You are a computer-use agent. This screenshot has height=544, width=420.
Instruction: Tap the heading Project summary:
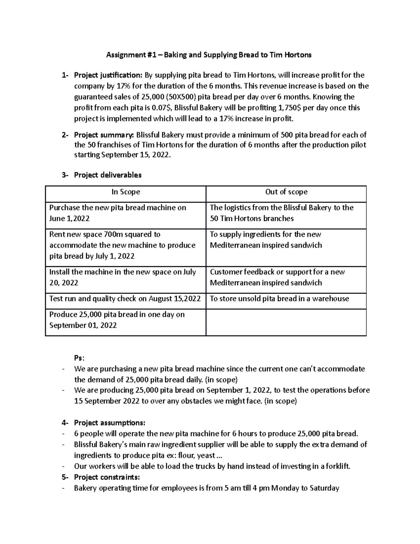104,135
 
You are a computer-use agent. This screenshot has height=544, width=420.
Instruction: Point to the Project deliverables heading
108,175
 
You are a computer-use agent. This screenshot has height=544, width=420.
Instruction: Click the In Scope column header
126,192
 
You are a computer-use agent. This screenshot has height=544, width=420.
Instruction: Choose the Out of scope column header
286,192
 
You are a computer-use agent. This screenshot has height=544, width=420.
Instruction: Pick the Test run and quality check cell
125,299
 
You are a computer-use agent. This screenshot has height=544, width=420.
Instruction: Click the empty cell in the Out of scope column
286,322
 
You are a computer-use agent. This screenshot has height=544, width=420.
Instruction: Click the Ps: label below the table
79,358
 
